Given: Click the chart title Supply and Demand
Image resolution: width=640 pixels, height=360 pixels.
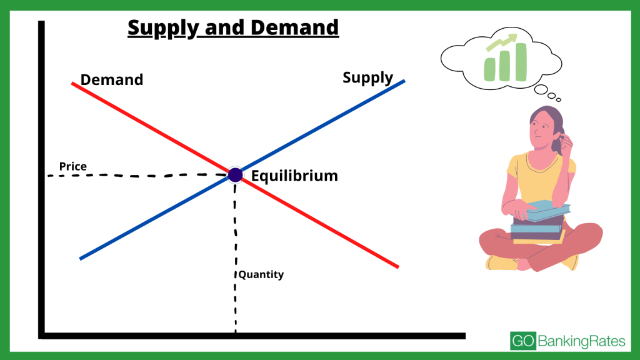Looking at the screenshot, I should pos(233,27).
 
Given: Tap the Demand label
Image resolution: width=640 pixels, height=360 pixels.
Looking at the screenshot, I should pos(112,80).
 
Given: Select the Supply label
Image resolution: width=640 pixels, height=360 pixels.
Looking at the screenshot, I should pos(367,78).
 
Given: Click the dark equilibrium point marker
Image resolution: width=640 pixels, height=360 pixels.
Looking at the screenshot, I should pos(235,175).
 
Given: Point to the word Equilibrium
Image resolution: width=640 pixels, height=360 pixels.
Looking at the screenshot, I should pos(294,176).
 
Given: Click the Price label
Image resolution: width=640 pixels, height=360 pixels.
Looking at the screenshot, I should pos(73,167).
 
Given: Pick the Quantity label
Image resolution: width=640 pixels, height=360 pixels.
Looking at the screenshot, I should pos(261,274).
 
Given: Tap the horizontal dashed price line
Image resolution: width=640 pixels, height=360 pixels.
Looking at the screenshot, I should pos(137,176).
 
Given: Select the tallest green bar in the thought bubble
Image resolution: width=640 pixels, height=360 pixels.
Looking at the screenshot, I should pos(520,62).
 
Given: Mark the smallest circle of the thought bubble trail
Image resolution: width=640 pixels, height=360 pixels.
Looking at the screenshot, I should pos(558,99).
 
